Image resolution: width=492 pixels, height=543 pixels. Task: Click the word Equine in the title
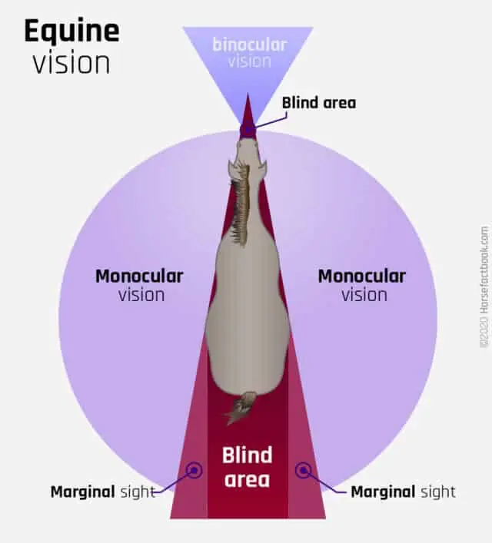pyautogui.click(x=71, y=31)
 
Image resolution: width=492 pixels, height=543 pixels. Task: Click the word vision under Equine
pyautogui.click(x=71, y=63)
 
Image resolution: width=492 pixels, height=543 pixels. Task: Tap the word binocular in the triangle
pyautogui.click(x=250, y=45)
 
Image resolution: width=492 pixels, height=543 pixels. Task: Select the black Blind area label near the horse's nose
pyautogui.click(x=319, y=103)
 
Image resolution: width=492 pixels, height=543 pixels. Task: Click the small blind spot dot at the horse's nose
pyautogui.click(x=248, y=130)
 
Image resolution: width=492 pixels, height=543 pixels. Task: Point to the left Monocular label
pyautogui.click(x=139, y=276)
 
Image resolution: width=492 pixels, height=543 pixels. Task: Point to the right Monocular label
pyautogui.click(x=362, y=276)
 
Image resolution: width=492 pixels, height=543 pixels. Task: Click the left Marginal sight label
pyautogui.click(x=103, y=492)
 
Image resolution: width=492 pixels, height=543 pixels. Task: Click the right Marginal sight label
pyautogui.click(x=404, y=492)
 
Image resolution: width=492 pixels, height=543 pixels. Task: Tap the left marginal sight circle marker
pyautogui.click(x=194, y=470)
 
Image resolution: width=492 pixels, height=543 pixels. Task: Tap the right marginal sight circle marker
pyautogui.click(x=304, y=470)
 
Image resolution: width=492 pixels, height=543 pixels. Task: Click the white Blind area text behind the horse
pyautogui.click(x=248, y=467)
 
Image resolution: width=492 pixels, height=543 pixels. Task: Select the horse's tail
pyautogui.click(x=241, y=408)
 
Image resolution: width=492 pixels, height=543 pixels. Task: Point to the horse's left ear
pyautogui.click(x=231, y=169)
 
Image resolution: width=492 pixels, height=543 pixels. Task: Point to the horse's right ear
pyautogui.click(x=262, y=169)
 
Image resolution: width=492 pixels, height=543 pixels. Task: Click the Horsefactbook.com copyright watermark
pyautogui.click(x=485, y=286)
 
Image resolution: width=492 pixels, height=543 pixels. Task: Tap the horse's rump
pyautogui.click(x=248, y=367)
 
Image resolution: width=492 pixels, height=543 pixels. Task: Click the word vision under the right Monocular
pyautogui.click(x=364, y=296)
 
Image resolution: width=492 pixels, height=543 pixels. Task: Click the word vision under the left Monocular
pyautogui.click(x=141, y=296)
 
